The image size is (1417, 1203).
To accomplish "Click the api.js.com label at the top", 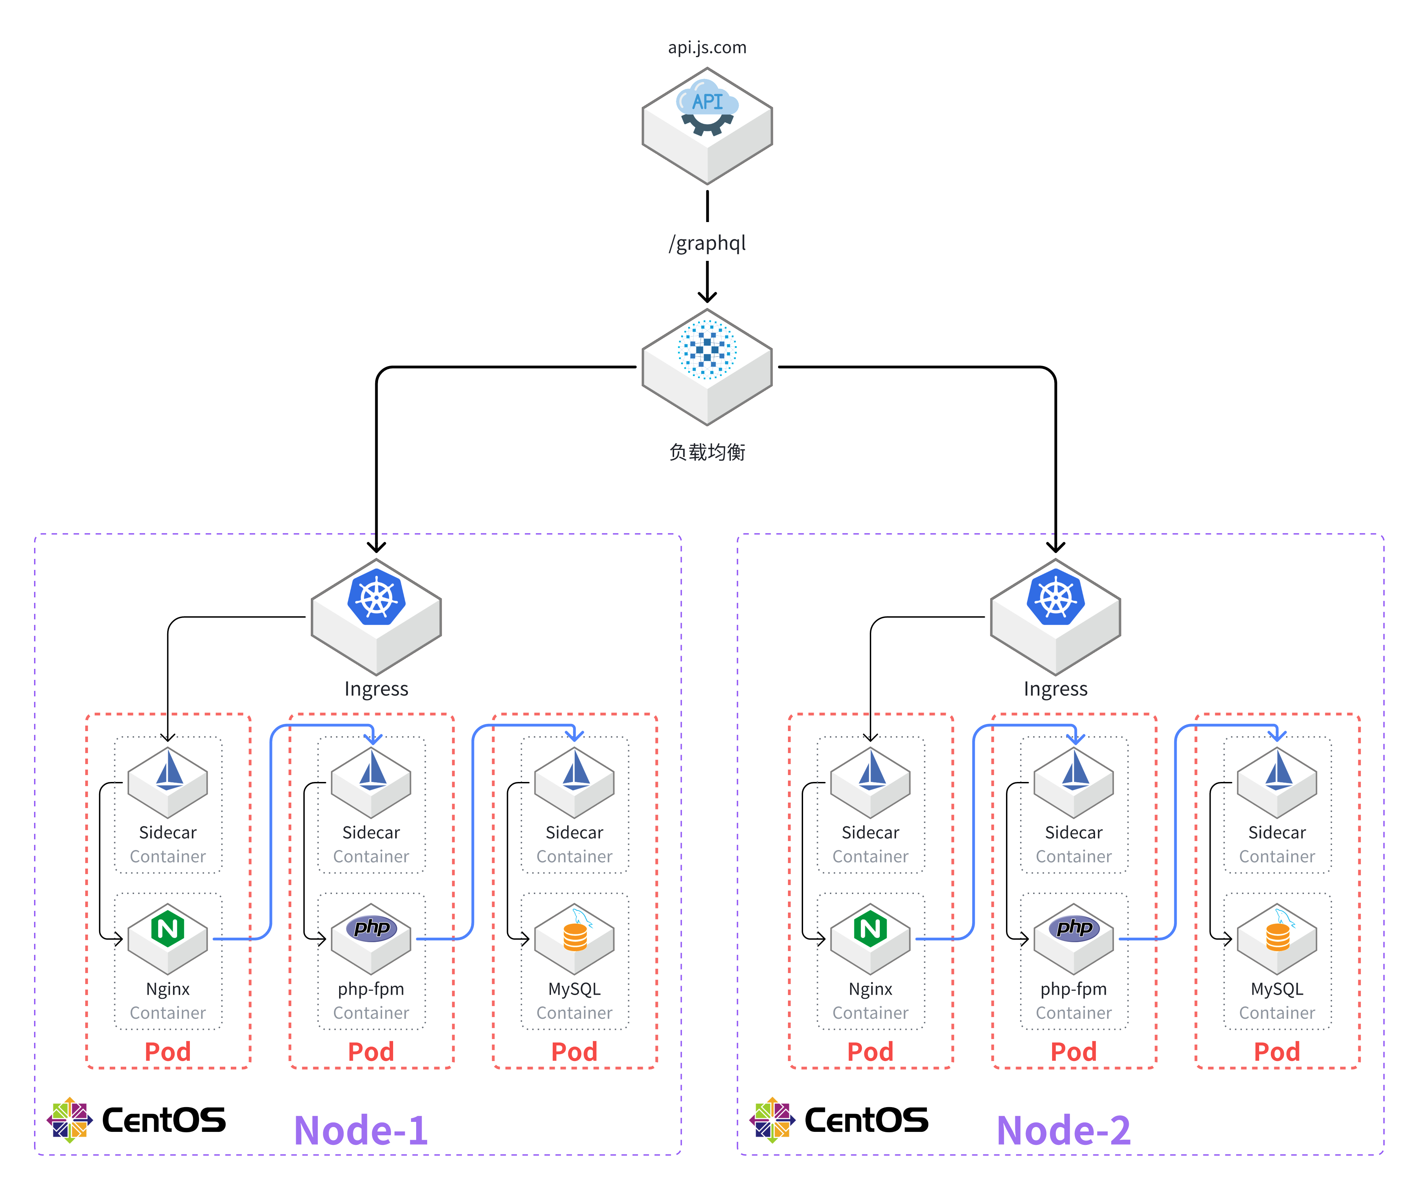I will click(707, 48).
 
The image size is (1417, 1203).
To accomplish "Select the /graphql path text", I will click(707, 243).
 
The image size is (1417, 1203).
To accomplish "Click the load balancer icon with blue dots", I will click(707, 349).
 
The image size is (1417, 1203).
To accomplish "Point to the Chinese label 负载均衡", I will click(707, 452).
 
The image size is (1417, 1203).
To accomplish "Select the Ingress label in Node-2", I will click(1056, 689).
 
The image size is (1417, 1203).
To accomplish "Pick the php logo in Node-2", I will click(1074, 927).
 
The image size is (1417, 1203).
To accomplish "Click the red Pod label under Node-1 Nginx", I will click(168, 1052).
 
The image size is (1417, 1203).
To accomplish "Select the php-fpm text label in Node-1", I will click(371, 989).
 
